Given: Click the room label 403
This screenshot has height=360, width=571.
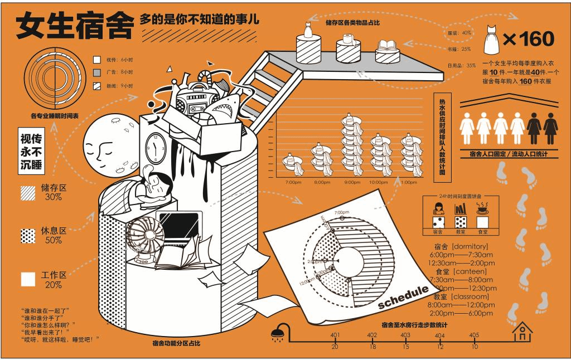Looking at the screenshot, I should [x=405, y=335].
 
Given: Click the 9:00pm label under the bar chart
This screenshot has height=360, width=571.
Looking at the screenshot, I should [x=352, y=182].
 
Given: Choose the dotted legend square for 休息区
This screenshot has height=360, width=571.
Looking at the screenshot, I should [x=28, y=235].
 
